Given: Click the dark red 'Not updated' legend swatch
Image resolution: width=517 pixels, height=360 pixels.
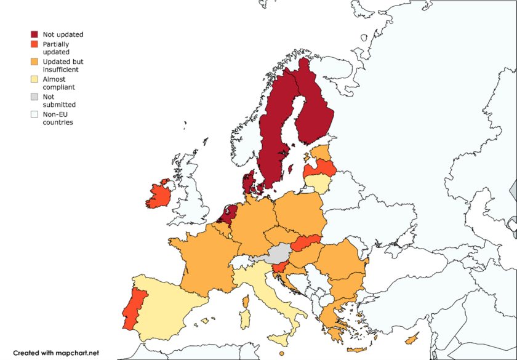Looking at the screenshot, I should pyautogui.click(x=35, y=35).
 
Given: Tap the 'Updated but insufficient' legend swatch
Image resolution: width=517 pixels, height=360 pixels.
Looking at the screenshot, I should pyautogui.click(x=35, y=62).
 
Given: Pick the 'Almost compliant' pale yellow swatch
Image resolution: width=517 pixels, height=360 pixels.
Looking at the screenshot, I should pyautogui.click(x=35, y=79).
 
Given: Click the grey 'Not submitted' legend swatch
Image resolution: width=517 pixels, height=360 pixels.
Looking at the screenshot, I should pyautogui.click(x=35, y=97).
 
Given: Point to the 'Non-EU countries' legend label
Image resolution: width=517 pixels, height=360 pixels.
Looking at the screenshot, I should pyautogui.click(x=57, y=118).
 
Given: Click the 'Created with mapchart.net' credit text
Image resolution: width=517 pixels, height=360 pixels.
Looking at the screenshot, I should pyautogui.click(x=55, y=353).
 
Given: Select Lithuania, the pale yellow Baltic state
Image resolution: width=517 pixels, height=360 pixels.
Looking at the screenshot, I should pyautogui.click(x=318, y=183).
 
